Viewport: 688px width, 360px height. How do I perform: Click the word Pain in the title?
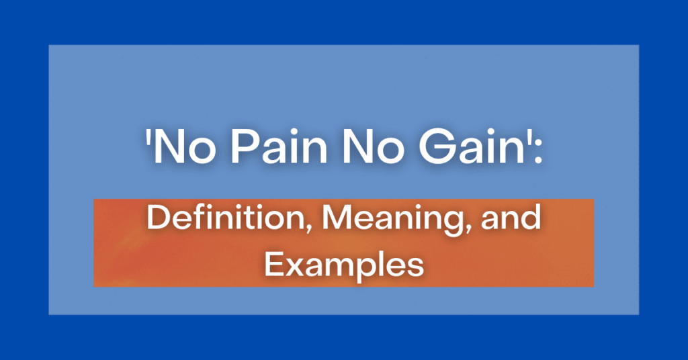coord(279,146)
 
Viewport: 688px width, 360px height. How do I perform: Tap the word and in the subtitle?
coord(511,218)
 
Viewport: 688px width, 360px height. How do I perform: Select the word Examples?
coord(344,266)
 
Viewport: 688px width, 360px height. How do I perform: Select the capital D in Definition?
coord(158,218)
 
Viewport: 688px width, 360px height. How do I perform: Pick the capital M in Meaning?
coord(337,218)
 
